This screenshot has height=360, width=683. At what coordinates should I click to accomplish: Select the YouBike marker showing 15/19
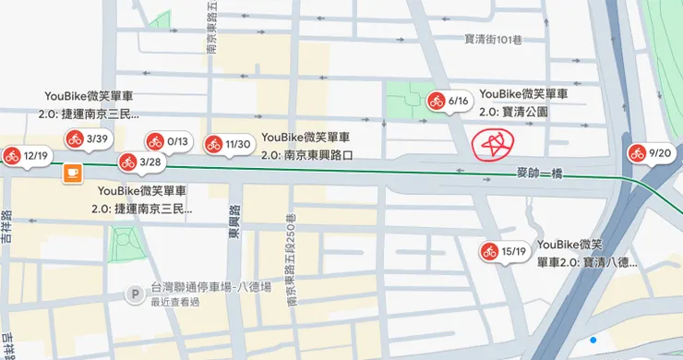(x=503, y=251)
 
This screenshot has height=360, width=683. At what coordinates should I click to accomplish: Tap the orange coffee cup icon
(x=72, y=173)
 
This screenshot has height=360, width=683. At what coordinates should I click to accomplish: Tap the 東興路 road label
(x=234, y=222)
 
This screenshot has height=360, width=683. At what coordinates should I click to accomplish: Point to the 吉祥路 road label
(x=7, y=226)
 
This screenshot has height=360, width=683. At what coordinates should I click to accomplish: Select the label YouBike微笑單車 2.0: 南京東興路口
(x=307, y=147)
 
